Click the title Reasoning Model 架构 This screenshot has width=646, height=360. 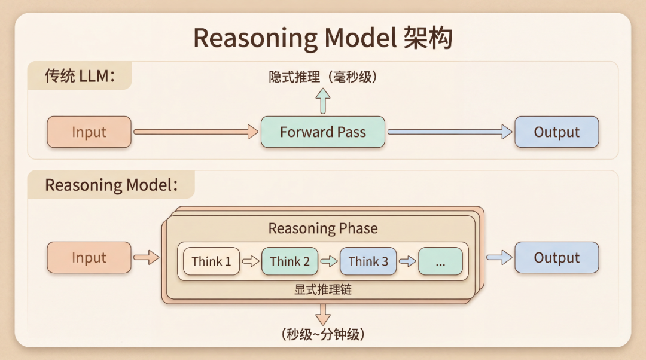(322, 38)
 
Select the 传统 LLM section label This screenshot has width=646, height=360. (79, 76)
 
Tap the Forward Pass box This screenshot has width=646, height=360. (323, 132)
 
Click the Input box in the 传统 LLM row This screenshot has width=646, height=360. (89, 132)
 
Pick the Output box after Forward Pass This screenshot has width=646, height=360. (556, 132)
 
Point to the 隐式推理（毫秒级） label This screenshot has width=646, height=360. (323, 77)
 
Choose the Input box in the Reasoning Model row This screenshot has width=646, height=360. (89, 258)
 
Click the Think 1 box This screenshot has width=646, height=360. (211, 261)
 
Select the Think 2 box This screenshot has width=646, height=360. (290, 261)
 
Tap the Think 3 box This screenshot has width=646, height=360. (368, 261)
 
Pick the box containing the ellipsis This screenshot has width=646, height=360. (440, 261)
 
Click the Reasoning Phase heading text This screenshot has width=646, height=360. (323, 228)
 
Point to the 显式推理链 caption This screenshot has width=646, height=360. (322, 290)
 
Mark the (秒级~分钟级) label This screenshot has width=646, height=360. (323, 334)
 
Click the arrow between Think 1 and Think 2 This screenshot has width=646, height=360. (251, 261)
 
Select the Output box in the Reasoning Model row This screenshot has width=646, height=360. (556, 258)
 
